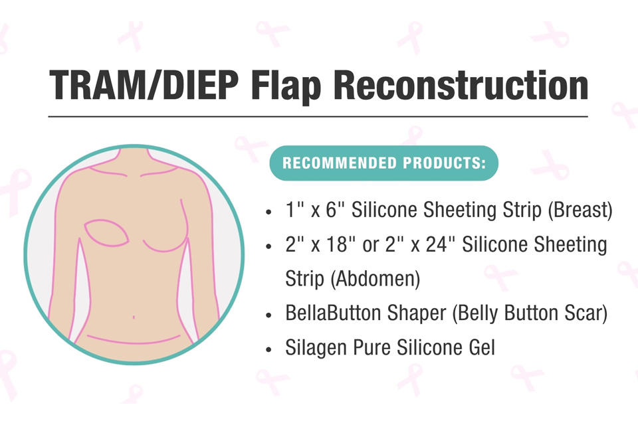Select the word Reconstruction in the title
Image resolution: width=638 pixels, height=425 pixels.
(465, 85)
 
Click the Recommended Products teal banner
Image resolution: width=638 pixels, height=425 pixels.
(383, 163)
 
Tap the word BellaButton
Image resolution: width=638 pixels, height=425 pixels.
(336, 313)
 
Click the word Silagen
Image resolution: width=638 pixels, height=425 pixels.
(312, 348)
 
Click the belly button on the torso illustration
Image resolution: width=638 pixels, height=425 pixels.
(134, 317)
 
